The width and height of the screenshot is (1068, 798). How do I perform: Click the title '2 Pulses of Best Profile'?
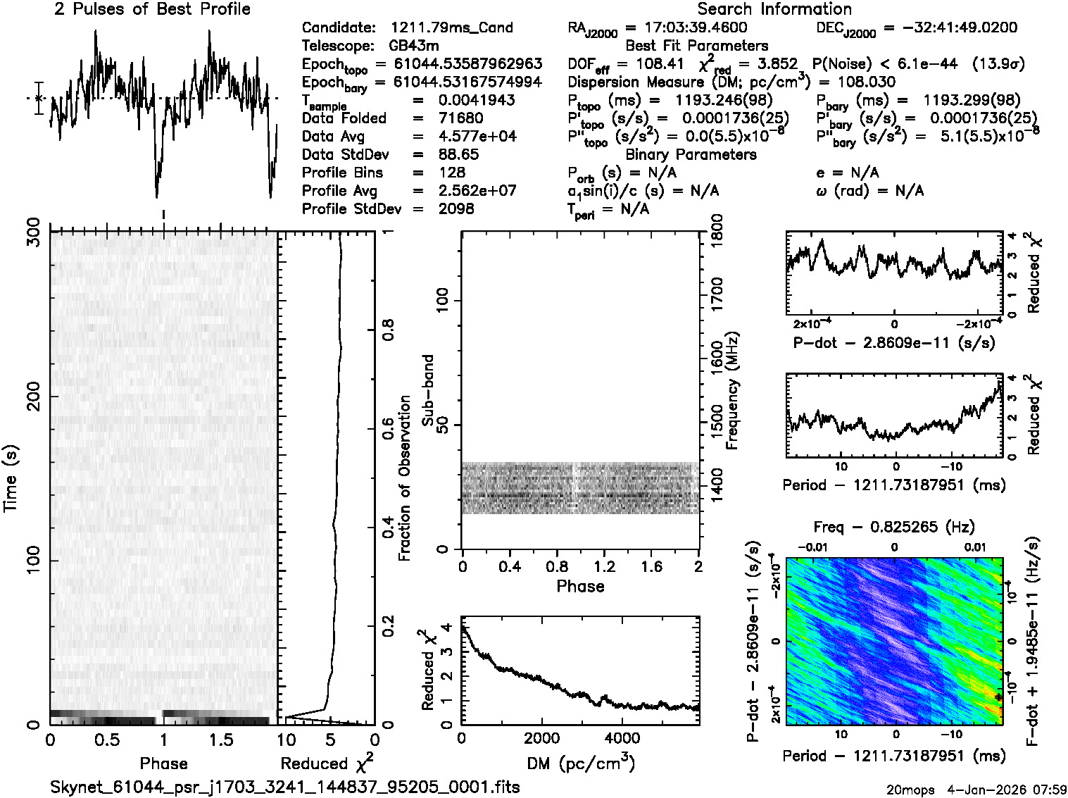pyautogui.click(x=152, y=9)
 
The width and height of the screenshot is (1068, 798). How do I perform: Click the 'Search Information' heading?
pyautogui.click(x=774, y=9)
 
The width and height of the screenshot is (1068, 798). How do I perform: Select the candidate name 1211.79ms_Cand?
pyautogui.click(x=451, y=28)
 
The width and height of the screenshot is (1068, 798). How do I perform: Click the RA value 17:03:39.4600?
pyautogui.click(x=696, y=28)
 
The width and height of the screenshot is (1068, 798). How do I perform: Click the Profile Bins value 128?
pyautogui.click(x=451, y=173)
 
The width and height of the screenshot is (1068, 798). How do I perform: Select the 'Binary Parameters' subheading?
pyautogui.click(x=691, y=155)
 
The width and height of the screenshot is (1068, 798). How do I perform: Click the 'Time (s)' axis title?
pyautogui.click(x=11, y=478)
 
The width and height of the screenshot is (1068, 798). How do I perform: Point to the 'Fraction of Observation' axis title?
pyautogui.click(x=404, y=478)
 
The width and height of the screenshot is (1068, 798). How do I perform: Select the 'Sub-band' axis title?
pyautogui.click(x=427, y=390)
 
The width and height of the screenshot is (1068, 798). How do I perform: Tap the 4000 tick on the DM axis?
pyautogui.click(x=622, y=738)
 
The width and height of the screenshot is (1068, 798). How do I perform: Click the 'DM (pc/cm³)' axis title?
pyautogui.click(x=580, y=763)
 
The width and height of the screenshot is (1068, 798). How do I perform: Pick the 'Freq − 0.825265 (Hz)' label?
pyautogui.click(x=894, y=527)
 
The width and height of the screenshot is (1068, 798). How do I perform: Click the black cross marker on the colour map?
pyautogui.click(x=998, y=697)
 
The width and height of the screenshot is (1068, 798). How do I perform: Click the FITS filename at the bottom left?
pyautogui.click(x=284, y=787)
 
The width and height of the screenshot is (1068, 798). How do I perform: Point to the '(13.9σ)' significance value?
pyautogui.click(x=998, y=64)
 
